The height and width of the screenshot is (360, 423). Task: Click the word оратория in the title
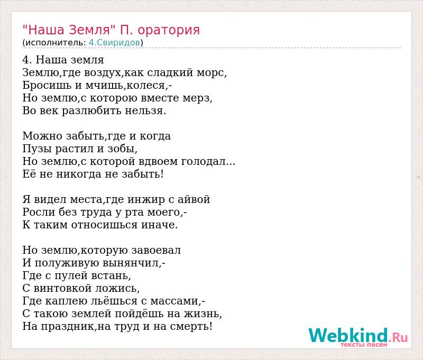coord(169,31)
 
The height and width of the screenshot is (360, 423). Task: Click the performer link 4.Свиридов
coord(114,43)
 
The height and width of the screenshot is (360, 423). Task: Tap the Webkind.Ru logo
coord(358,337)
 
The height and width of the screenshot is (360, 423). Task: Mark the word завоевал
coord(156,250)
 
